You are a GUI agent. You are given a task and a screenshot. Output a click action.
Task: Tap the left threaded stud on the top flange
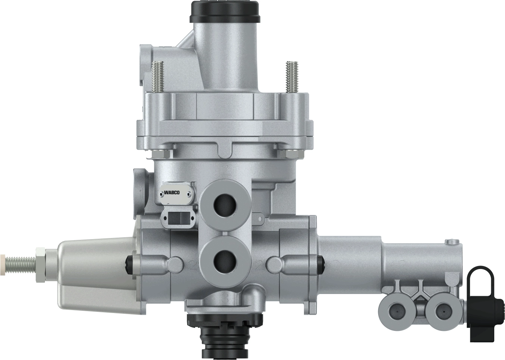(x=157, y=76)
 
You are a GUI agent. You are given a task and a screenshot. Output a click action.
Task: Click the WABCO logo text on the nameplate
(x=172, y=192)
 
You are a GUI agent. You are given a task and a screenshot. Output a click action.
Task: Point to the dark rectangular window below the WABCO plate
(x=178, y=219)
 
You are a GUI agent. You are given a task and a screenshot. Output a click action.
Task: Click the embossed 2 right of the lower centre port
(x=260, y=266)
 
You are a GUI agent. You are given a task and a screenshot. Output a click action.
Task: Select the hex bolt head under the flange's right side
(x=289, y=153)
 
